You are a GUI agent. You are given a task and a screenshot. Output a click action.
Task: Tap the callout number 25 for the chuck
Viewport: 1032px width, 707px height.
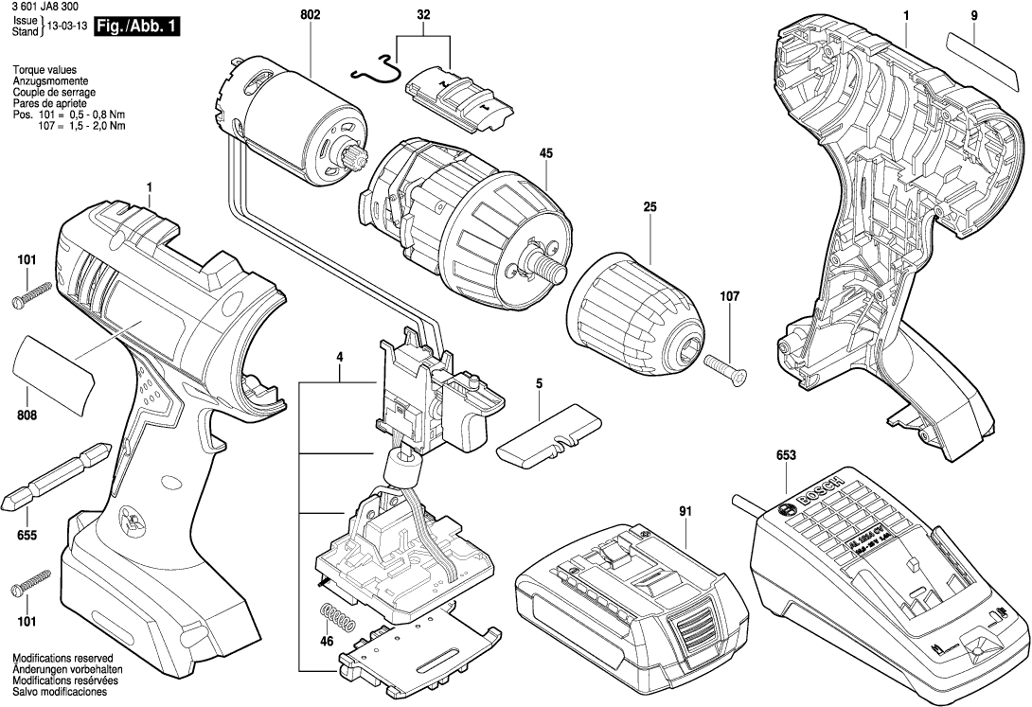point(649,206)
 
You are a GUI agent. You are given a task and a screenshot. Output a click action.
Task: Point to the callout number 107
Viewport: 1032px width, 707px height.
point(729,296)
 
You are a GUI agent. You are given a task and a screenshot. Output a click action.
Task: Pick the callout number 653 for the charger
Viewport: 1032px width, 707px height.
point(786,455)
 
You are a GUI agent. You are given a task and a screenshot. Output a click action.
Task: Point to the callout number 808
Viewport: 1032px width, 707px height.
point(27,414)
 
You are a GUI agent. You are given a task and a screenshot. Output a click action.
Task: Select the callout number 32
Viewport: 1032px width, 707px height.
point(423,16)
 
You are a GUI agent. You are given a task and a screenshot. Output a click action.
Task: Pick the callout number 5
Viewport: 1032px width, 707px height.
point(539,384)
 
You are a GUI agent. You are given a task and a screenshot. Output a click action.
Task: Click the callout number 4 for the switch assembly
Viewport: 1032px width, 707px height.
point(338,357)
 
